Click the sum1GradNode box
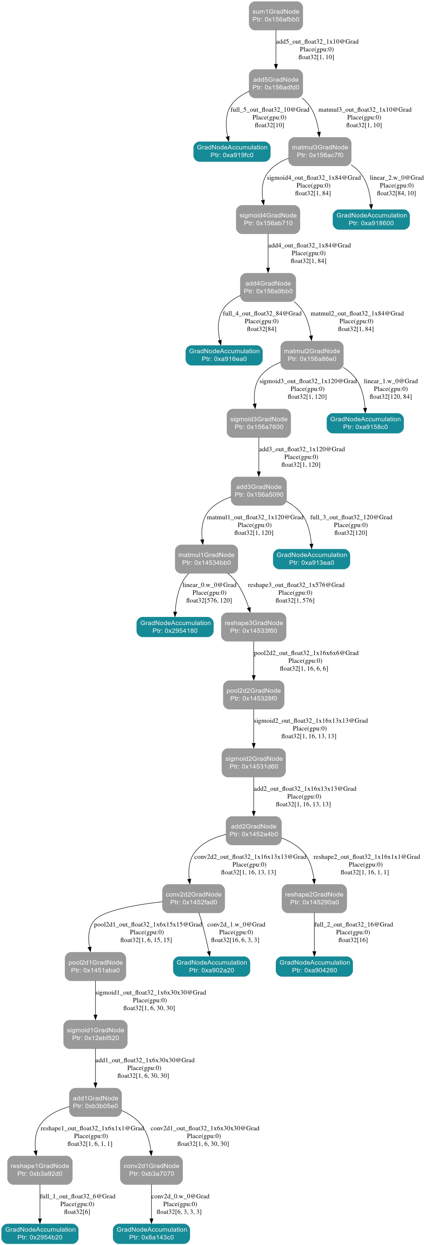tap(275, 16)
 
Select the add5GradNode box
tap(275, 84)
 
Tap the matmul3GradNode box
tap(319, 151)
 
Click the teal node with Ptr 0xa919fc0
tap(232, 151)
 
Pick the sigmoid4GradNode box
tap(268, 219)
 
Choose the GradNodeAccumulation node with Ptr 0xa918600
tap(371, 219)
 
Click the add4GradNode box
tap(268, 287)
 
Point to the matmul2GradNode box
tap(311, 355)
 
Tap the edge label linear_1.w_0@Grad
tap(391, 381)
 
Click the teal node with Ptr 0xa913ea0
tap(311, 559)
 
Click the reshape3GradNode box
tap(253, 627)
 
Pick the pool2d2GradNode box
tap(253, 695)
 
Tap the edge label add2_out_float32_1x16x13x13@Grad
tap(305, 789)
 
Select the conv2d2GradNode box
tap(193, 898)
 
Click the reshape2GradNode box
tap(314, 898)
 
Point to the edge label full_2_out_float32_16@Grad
tap(354, 925)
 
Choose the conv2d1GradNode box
tap(151, 1170)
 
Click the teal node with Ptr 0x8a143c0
tap(151, 1234)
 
